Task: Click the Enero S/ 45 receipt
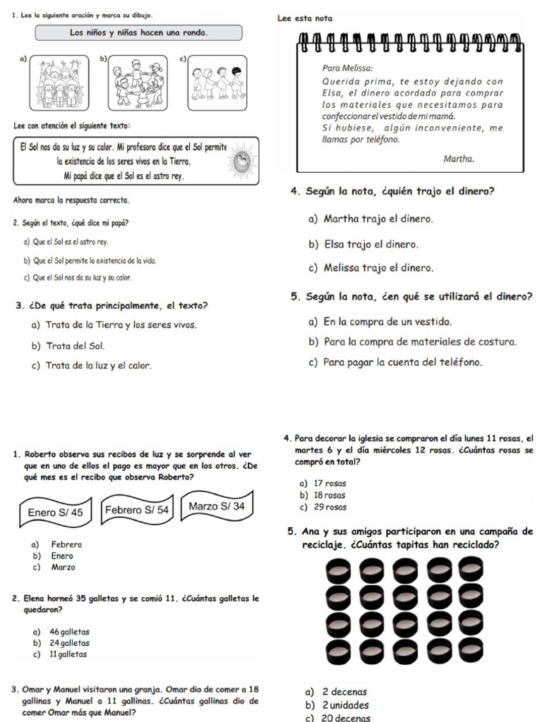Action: [x=55, y=513]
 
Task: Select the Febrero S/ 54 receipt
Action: [x=137, y=510]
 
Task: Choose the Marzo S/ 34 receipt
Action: [x=217, y=506]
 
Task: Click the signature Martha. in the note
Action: [x=458, y=159]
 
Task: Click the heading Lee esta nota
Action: [x=306, y=18]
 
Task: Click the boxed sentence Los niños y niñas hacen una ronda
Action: [x=138, y=33]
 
